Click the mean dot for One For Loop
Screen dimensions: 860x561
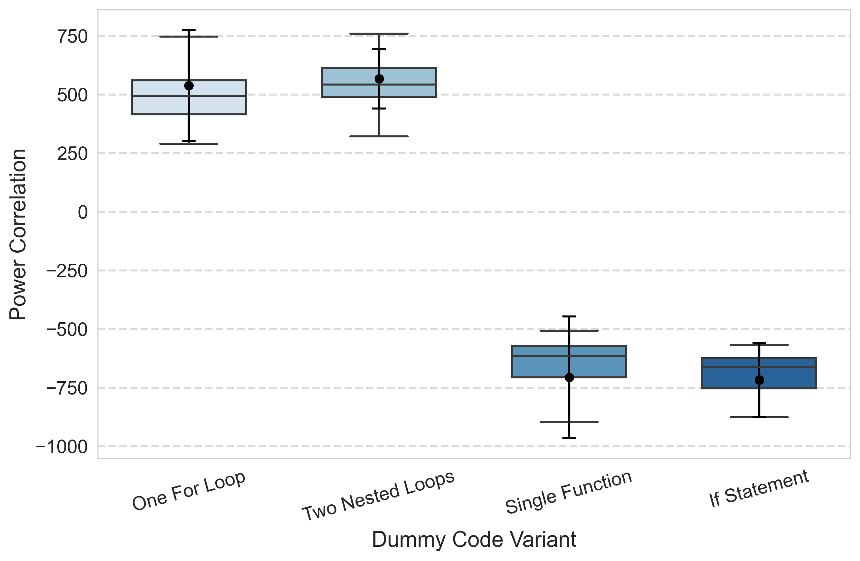pos(189,86)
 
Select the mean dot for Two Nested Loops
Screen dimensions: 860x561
pos(379,79)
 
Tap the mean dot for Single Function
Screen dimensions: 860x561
pos(569,377)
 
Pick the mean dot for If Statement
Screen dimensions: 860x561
pos(759,380)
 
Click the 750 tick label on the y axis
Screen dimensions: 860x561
pos(72,37)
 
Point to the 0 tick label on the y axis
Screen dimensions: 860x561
pos(83,212)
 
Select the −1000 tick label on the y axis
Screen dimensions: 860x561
pos(62,447)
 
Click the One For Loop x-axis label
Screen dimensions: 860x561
pos(189,491)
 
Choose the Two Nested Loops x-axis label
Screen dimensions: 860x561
pos(378,496)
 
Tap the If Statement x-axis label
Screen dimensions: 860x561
pos(759,488)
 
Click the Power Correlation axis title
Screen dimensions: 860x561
pos(18,234)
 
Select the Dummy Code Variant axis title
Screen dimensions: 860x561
pos(474,540)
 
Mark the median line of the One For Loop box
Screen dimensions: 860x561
pos(189,96)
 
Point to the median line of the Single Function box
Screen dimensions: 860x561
pos(569,356)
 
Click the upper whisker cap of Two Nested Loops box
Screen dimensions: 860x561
pos(379,34)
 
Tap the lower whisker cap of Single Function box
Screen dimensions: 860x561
pos(569,422)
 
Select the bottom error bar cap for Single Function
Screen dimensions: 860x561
pos(569,438)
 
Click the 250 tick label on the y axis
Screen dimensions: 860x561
pos(72,154)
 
